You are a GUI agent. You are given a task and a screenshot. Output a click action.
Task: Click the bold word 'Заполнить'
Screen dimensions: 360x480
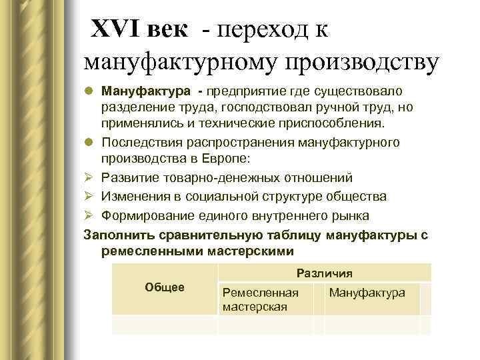[116, 235]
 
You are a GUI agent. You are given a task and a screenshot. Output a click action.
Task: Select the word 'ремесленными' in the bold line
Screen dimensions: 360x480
[144, 251]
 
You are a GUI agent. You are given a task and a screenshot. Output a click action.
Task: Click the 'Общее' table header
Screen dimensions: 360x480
[164, 287]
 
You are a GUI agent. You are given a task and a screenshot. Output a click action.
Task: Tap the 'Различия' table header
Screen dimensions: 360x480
[324, 273]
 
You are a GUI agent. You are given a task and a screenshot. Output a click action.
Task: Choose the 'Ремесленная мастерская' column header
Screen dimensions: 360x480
[260, 299]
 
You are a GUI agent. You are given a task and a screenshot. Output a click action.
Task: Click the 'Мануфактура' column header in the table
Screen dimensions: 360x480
[367, 293]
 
